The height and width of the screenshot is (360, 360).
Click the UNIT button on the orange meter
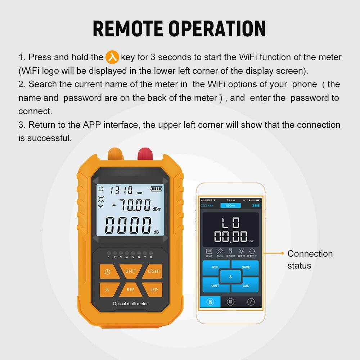pyautogui.click(x=130, y=271)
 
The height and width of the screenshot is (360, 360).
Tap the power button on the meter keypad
pyautogui.click(x=108, y=272)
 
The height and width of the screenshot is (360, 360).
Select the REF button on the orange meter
pyautogui.click(x=130, y=289)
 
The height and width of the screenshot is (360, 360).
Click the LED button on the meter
pyautogui.click(x=154, y=289)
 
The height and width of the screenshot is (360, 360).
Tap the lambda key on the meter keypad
pyautogui.click(x=107, y=289)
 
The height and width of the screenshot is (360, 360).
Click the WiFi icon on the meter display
pyautogui.click(x=100, y=206)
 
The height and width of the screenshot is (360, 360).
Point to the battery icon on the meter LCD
pyautogui.click(x=156, y=189)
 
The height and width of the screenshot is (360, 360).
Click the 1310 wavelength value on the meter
pyautogui.click(x=121, y=190)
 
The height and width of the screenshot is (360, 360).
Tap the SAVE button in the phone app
pyautogui.click(x=246, y=267)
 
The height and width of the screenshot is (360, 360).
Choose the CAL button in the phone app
pyautogui.click(x=246, y=285)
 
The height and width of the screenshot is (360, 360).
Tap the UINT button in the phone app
pyautogui.click(x=215, y=285)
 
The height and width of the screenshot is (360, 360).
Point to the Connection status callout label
pyautogui.click(x=310, y=260)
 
